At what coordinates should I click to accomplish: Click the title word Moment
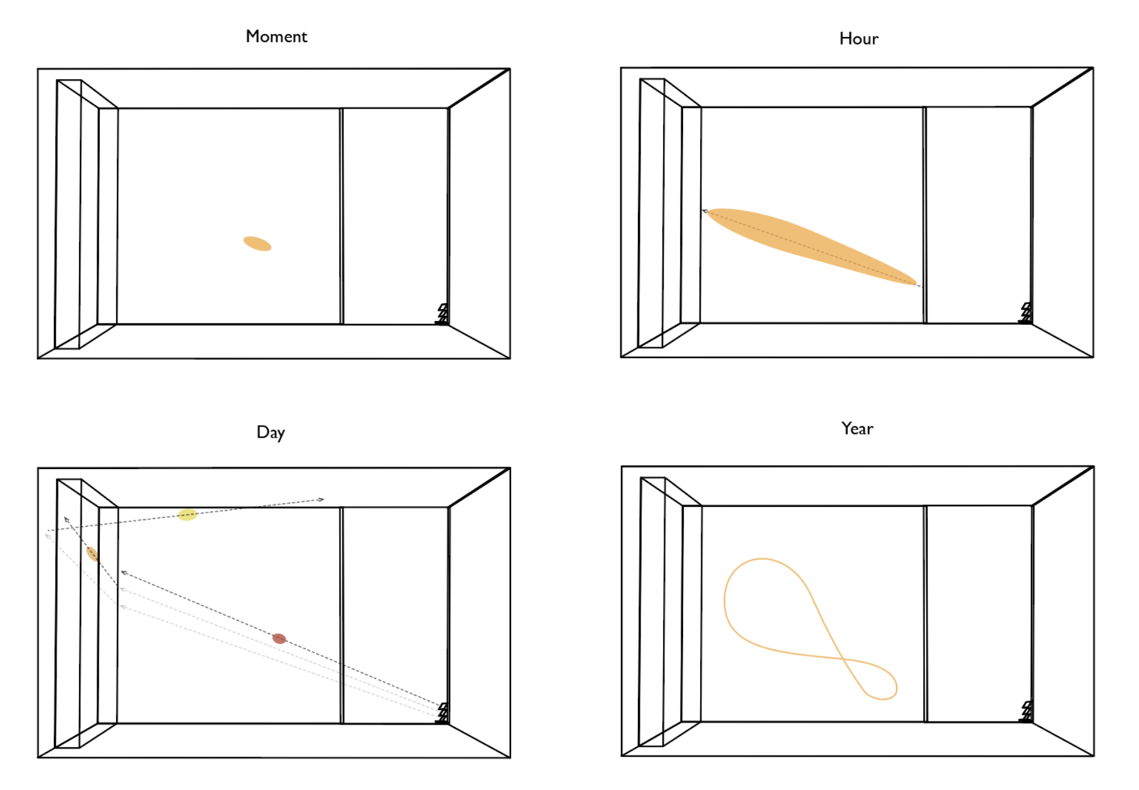click(x=276, y=36)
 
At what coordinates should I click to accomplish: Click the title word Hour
click(x=858, y=39)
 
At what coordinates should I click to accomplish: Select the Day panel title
click(x=271, y=433)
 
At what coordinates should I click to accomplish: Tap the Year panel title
click(x=857, y=428)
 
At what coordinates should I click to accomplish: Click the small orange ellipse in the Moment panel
click(x=257, y=244)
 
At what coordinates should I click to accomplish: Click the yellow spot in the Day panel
click(x=187, y=515)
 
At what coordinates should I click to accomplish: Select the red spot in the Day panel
click(x=279, y=639)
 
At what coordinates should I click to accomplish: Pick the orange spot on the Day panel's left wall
click(x=92, y=554)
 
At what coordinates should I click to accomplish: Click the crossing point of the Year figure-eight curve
click(x=842, y=658)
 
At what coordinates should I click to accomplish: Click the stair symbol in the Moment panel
click(x=443, y=314)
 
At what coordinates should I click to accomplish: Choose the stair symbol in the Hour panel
click(x=1025, y=313)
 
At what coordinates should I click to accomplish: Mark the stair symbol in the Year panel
click(x=1026, y=712)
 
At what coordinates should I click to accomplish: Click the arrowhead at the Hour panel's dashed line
click(x=705, y=212)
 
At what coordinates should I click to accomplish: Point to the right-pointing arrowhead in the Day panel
click(x=321, y=500)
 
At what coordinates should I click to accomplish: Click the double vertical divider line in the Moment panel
click(x=342, y=216)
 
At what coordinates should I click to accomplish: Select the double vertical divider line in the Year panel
click(x=925, y=614)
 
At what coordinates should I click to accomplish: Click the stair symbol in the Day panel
click(x=443, y=713)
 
